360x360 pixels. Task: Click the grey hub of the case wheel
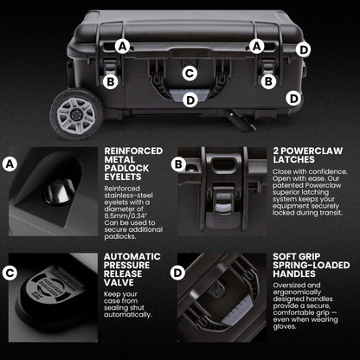(76, 115)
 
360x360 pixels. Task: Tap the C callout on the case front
(190, 73)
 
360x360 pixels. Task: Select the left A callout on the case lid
(123, 47)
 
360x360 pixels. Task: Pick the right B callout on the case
(268, 81)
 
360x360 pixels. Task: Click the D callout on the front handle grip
(190, 100)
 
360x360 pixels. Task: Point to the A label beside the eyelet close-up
(10, 164)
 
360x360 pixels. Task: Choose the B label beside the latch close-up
(178, 164)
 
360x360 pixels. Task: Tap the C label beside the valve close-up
(10, 273)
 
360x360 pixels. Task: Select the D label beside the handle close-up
(177, 273)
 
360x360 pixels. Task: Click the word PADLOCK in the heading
(126, 168)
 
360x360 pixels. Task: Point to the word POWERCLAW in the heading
(312, 151)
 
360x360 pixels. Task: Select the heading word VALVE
(119, 282)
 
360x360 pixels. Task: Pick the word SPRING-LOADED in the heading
(312, 265)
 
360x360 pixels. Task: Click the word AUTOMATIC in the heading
(132, 256)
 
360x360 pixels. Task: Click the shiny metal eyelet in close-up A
(59, 191)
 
